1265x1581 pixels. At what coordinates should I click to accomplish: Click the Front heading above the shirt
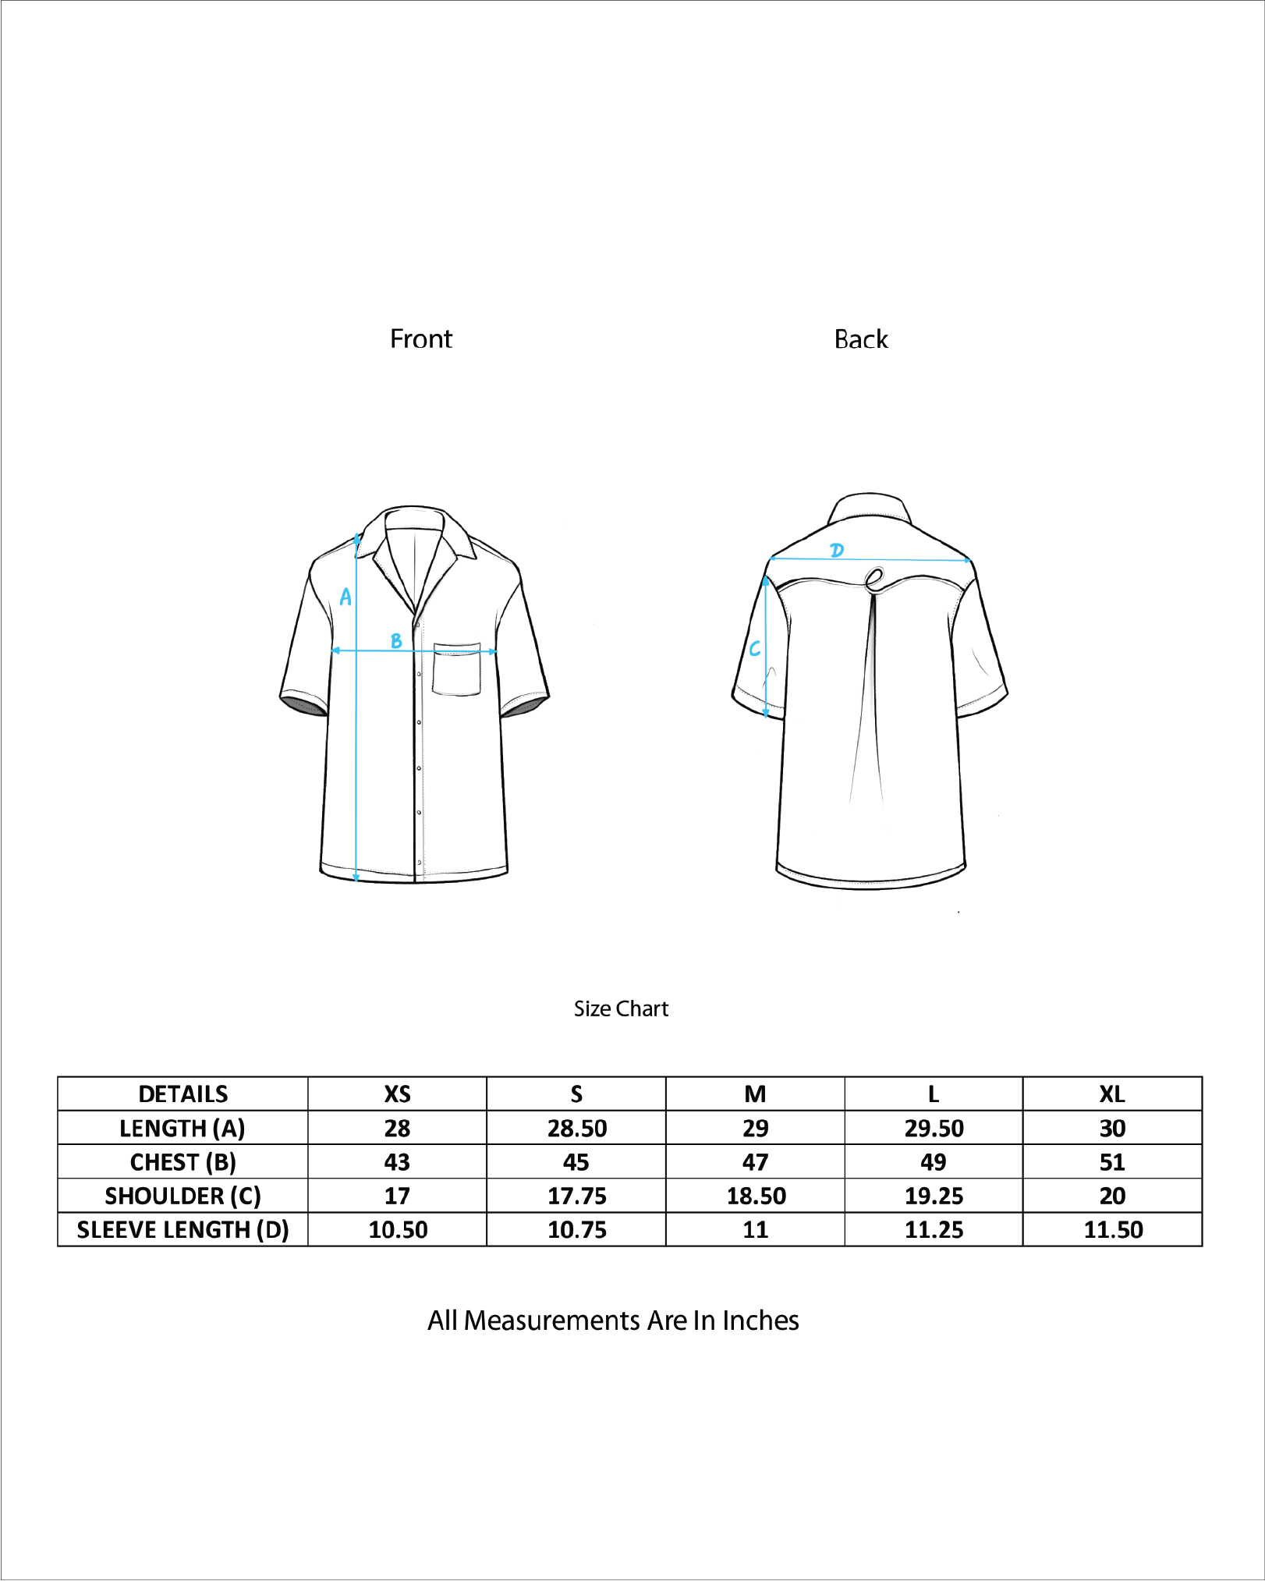pos(420,339)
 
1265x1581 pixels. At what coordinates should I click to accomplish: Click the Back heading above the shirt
pos(861,339)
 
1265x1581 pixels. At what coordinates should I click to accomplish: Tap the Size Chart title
pos(621,1009)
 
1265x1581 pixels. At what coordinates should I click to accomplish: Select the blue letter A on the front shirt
pos(345,597)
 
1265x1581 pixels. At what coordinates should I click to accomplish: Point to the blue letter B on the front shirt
pos(396,640)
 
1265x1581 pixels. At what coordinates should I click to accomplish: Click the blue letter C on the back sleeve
pos(754,649)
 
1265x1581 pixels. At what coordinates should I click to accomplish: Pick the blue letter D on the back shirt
pos(837,550)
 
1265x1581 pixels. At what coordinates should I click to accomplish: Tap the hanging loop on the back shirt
pos(874,579)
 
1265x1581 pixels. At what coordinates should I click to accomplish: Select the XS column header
pos(397,1094)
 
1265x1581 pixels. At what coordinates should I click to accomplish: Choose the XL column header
pos(1112,1094)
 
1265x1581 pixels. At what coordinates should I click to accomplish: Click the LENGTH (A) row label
pos(182,1129)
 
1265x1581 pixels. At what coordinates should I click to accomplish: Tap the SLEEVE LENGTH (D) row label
pos(182,1230)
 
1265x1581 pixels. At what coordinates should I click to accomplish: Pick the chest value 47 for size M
pos(755,1162)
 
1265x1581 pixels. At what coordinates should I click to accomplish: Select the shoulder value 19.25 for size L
pos(934,1196)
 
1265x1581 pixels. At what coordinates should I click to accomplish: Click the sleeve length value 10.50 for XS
pos(398,1230)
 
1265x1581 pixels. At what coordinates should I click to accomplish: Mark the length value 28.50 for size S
pos(576,1129)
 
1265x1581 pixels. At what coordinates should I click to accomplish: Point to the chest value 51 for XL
pos(1112,1162)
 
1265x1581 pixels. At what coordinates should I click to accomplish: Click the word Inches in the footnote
pos(760,1320)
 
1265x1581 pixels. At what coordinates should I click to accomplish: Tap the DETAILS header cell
pos(182,1094)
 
